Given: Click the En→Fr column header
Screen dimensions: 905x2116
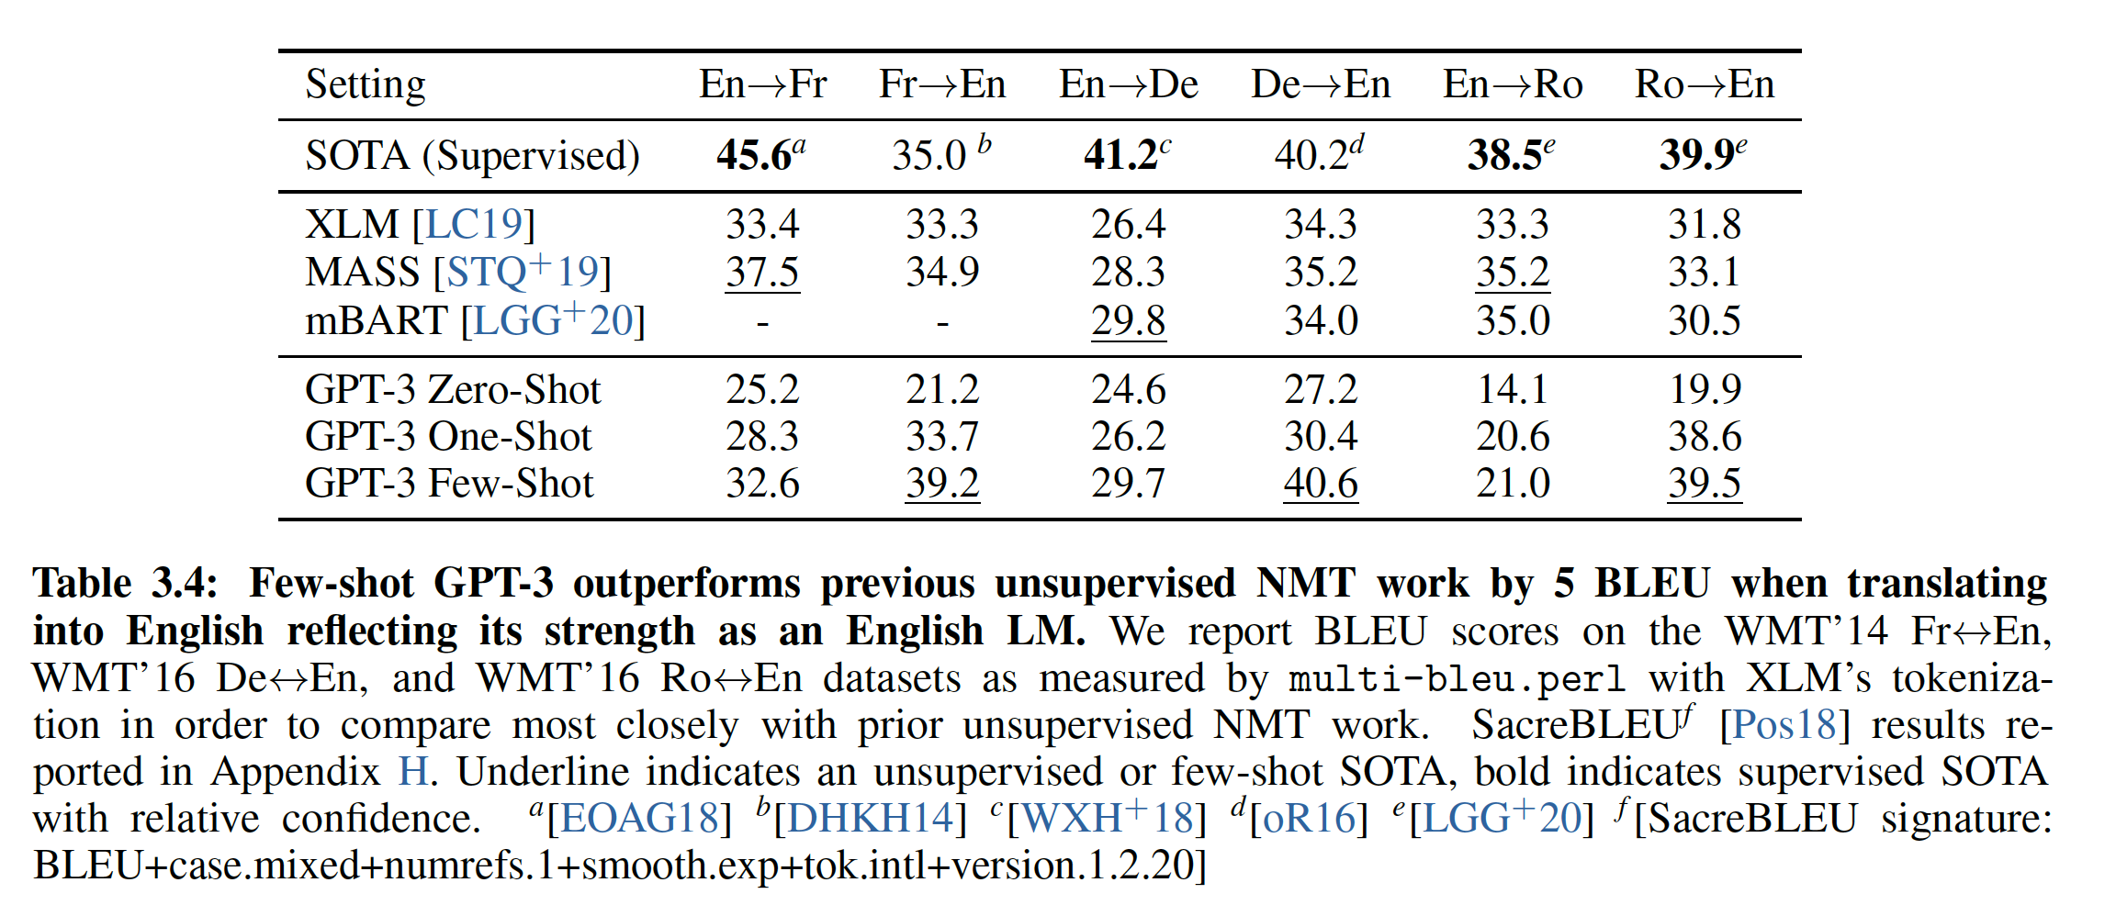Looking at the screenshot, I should (x=762, y=84).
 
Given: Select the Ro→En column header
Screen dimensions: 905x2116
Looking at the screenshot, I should (x=1704, y=84).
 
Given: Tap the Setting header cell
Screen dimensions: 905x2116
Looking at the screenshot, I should (x=366, y=84).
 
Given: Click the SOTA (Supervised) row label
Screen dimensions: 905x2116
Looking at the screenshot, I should (x=472, y=155).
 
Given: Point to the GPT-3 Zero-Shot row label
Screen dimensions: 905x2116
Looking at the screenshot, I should (x=452, y=389).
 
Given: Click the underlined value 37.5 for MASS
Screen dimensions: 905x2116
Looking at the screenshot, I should (x=762, y=272).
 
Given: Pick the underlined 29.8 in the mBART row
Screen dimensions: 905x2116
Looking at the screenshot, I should (x=1128, y=320).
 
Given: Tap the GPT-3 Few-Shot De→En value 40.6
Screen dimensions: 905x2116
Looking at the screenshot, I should (x=1320, y=483).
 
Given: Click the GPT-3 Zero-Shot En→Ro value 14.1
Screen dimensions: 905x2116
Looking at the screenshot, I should (x=1512, y=389).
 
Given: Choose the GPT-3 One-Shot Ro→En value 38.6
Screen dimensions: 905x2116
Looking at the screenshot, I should (x=1704, y=436).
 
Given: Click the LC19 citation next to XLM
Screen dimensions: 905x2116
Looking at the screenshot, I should (x=474, y=224).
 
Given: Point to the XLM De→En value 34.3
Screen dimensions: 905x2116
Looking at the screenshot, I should (x=1320, y=224).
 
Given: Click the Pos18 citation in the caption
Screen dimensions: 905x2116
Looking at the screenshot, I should (x=1784, y=725).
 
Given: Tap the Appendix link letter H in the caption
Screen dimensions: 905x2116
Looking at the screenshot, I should (x=412, y=772).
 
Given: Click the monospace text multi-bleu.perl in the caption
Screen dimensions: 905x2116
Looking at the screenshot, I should (x=1457, y=679).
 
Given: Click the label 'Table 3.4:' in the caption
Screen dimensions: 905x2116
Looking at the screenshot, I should (x=126, y=584).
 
